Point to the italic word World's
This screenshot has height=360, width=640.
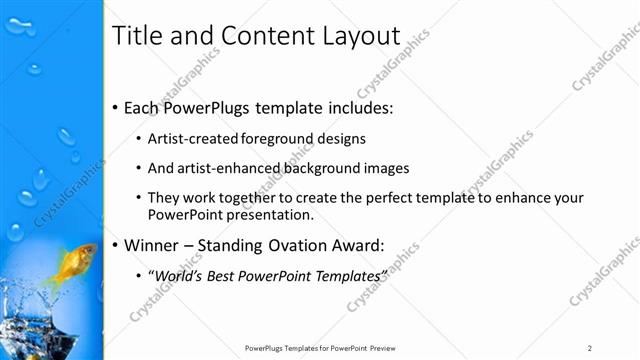pos(178,274)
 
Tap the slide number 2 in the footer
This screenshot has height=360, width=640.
pos(590,348)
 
